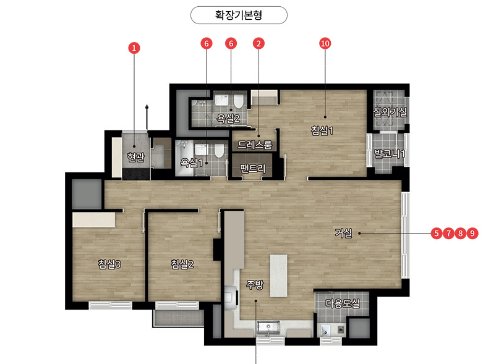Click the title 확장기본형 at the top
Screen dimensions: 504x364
(x=239, y=15)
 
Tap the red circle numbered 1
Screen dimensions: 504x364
(x=134, y=48)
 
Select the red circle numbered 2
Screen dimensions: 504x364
(x=258, y=43)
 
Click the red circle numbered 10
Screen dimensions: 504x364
(x=325, y=43)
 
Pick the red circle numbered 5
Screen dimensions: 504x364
(x=436, y=233)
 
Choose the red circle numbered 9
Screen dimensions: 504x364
(x=472, y=233)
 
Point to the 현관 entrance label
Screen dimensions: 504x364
(x=135, y=157)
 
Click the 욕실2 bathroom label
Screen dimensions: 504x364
(x=228, y=119)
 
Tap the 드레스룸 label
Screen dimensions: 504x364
(x=255, y=145)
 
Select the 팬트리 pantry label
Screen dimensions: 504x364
(x=253, y=168)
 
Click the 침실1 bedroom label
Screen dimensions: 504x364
(x=322, y=130)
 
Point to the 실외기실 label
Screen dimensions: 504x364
(x=390, y=112)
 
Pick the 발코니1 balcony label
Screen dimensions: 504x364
(x=390, y=153)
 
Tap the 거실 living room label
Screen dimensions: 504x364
(x=343, y=233)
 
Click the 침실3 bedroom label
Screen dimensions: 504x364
(x=109, y=264)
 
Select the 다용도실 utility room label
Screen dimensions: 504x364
(x=343, y=303)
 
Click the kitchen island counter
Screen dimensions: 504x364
(x=278, y=276)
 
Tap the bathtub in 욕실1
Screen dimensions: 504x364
(x=184, y=158)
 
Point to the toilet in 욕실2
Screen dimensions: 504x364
(x=238, y=101)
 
